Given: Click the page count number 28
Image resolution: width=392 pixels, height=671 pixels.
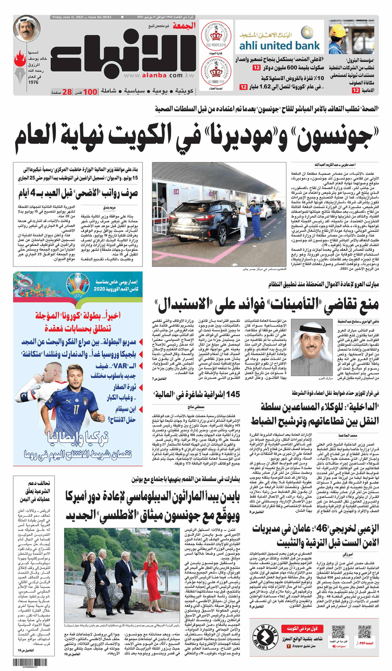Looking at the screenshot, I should [x=67, y=92].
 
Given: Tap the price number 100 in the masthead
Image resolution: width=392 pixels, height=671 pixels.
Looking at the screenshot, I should [x=90, y=92].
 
